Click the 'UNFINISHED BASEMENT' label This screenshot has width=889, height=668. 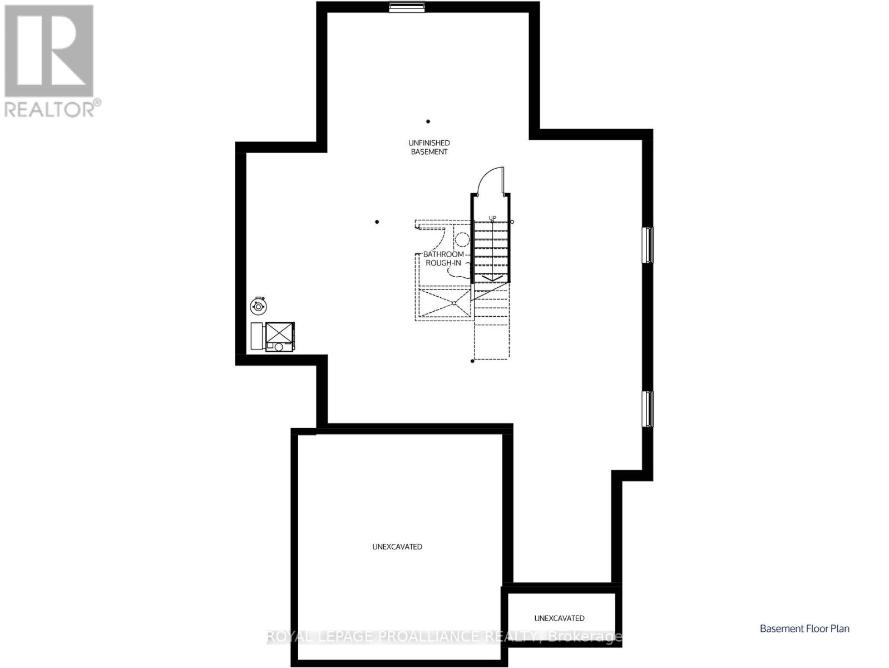tap(429, 148)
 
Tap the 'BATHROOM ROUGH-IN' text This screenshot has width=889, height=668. tap(444, 258)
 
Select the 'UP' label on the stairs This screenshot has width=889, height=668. tap(492, 218)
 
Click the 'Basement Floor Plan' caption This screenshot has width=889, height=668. tap(804, 628)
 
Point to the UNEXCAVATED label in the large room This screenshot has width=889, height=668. tap(397, 547)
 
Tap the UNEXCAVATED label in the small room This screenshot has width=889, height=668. tap(559, 618)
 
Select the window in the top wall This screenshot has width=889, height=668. tap(407, 7)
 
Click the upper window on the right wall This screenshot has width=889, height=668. tap(648, 245)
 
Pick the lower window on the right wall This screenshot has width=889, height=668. tap(648, 409)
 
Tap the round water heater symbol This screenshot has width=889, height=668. tap(258, 306)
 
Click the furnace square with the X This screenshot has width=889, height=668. tap(279, 332)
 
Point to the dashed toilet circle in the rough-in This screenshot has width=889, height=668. tap(462, 240)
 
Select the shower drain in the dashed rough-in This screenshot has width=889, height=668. tap(454, 303)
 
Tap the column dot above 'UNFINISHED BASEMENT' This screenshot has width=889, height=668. tap(428, 121)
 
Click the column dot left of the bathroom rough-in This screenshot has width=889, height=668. tap(377, 222)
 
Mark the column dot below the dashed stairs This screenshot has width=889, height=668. tap(472, 361)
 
